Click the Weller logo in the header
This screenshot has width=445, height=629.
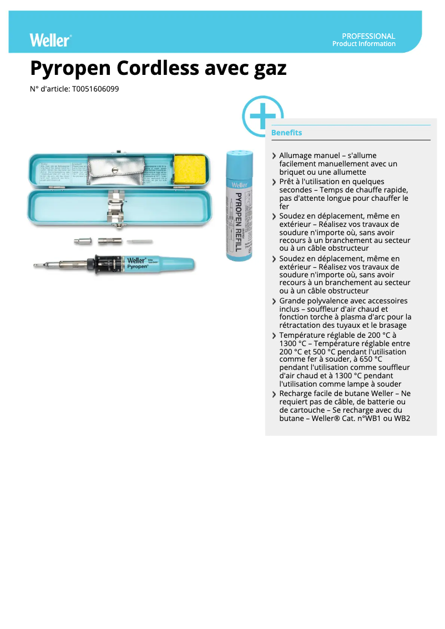click(50, 40)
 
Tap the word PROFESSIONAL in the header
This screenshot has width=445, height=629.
click(368, 36)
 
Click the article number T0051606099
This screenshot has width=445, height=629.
click(95, 89)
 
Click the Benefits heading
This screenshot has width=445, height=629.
click(286, 133)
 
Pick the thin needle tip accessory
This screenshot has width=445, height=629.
click(139, 241)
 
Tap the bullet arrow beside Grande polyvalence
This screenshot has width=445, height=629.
click(274, 301)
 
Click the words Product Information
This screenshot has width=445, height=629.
click(363, 44)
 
